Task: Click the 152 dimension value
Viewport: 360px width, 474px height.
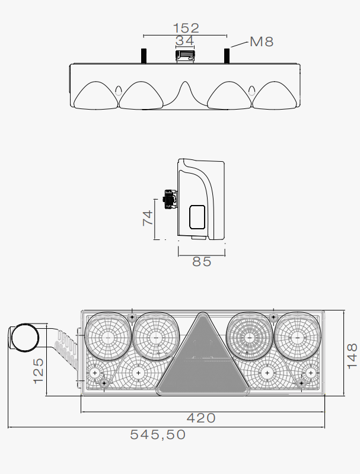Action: [x=186, y=28]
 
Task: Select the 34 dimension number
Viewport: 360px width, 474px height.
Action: [x=184, y=41]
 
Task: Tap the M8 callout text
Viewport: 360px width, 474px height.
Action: [x=262, y=41]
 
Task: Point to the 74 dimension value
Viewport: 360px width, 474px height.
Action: [x=148, y=218]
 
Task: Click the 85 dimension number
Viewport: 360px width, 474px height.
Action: [x=202, y=261]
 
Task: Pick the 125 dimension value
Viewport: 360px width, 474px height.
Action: [x=39, y=371]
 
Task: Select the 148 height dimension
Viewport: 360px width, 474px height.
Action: [x=352, y=356]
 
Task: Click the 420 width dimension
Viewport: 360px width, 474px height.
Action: [x=201, y=418]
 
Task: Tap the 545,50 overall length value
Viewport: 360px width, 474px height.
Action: [x=158, y=435]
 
